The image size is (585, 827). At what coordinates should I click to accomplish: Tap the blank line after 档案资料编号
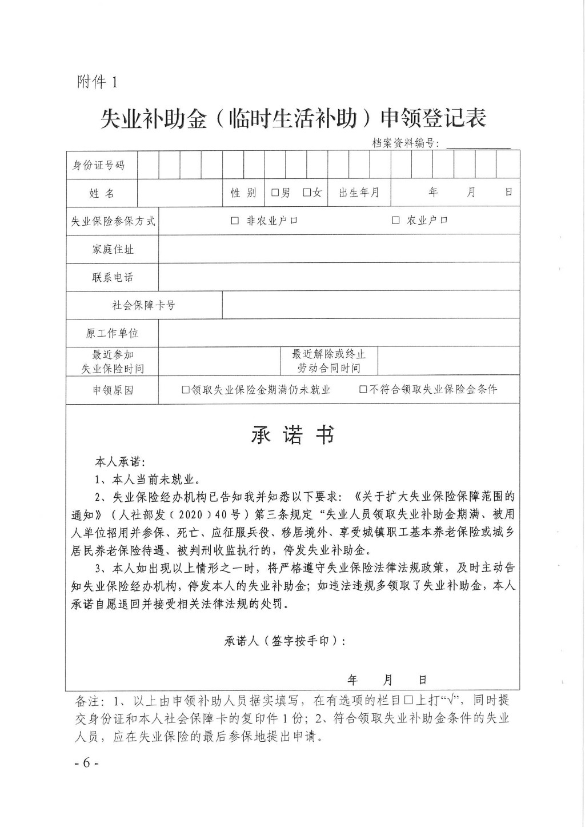478,143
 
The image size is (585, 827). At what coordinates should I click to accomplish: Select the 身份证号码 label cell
98,165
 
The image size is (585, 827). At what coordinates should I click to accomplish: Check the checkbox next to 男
275,193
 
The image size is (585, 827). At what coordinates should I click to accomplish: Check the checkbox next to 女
307,193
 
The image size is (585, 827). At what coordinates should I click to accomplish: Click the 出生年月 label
359,193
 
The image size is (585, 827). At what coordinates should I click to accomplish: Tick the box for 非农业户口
235,221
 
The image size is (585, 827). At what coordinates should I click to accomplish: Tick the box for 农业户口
395,221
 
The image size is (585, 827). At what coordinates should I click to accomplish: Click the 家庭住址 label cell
113,249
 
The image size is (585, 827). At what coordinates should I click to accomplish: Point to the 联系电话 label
113,277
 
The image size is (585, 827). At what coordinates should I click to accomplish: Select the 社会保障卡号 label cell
143,305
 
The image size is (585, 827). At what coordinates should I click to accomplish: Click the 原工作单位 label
113,333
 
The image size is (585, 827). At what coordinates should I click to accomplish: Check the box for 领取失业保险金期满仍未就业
186,390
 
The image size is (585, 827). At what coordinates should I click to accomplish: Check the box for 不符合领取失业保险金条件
363,390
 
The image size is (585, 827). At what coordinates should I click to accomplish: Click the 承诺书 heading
292,436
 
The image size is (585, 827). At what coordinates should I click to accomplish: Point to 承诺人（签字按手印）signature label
285,641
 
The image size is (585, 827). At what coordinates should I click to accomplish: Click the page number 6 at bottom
87,763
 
